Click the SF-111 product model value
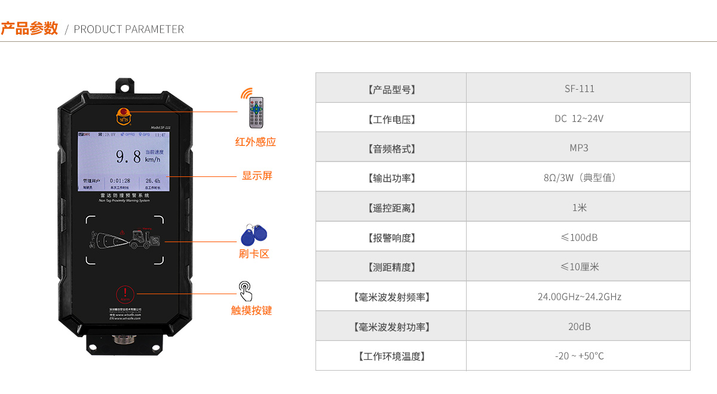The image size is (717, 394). point(579,88)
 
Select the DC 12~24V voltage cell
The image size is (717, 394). point(579,118)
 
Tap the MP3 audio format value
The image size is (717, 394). point(579,148)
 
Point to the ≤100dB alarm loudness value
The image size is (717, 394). point(579,237)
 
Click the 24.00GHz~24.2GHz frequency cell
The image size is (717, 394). point(579,297)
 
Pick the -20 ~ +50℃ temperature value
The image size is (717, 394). point(579,356)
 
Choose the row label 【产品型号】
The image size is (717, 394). point(391,89)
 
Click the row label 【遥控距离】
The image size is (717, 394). point(391,208)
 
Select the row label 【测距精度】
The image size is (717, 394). point(391,267)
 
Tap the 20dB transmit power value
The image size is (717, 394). point(579,326)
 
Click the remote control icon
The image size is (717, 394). point(256,112)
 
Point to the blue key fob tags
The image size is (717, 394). point(253,234)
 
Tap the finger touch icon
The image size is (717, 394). point(246,291)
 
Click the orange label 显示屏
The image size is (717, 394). point(257,176)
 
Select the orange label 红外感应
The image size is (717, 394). point(256,142)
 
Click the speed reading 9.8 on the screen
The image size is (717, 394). point(128,157)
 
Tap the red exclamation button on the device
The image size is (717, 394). point(125,294)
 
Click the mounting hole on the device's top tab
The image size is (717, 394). point(125,86)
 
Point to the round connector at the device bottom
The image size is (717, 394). point(125,340)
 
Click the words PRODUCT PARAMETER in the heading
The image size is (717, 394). point(128,29)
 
